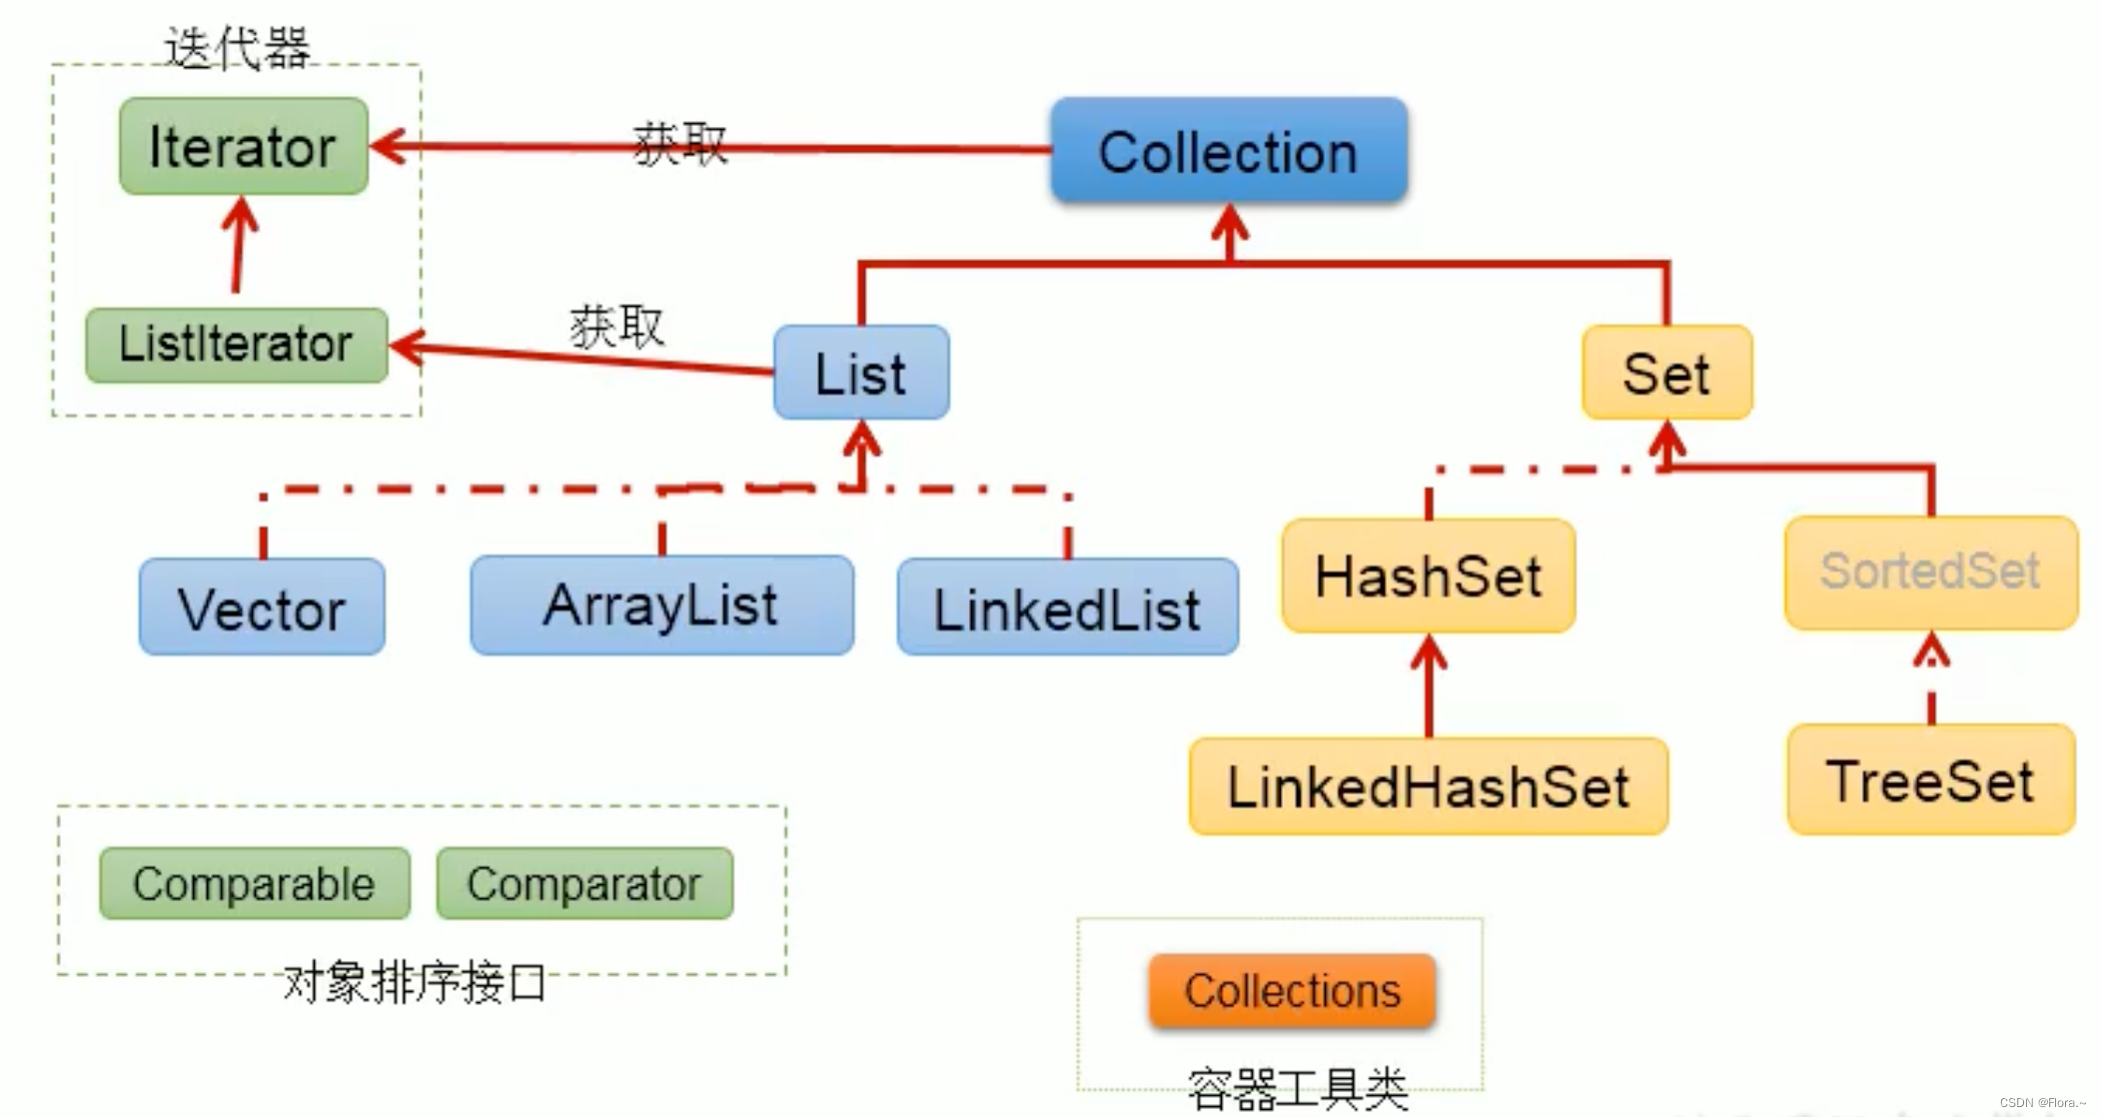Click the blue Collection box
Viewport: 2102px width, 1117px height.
tap(1228, 151)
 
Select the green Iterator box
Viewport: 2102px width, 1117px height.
tap(243, 147)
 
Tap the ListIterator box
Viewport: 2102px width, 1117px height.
tap(236, 345)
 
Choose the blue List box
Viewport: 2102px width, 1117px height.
tap(860, 373)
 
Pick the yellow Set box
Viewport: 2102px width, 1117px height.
tap(1665, 373)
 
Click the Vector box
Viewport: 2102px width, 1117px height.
tap(262, 607)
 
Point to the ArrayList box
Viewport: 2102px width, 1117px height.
tap(660, 605)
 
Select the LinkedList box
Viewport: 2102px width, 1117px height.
tap(1067, 607)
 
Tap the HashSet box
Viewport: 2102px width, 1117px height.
tap(1428, 575)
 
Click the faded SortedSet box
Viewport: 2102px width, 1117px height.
tap(1930, 572)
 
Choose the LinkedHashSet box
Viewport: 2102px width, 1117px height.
tap(1428, 786)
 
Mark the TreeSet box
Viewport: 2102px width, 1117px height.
tap(1930, 780)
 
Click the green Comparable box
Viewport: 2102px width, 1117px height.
tap(254, 884)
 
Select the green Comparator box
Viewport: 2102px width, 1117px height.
tap(584, 884)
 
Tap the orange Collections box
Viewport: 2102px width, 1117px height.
tap(1292, 991)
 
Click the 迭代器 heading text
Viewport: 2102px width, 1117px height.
tap(238, 47)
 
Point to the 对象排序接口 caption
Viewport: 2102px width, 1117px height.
tap(414, 983)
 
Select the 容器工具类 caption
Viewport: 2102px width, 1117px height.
tap(1297, 1088)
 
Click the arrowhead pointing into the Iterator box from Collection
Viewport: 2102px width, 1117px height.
tap(388, 146)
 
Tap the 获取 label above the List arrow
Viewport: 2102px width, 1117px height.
tap(616, 327)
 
